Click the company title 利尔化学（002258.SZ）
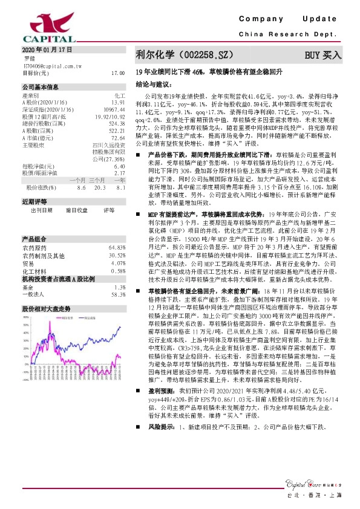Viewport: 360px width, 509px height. [x=185, y=55]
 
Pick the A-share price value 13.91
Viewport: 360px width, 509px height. [x=118, y=102]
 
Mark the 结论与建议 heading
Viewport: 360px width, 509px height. [x=156, y=83]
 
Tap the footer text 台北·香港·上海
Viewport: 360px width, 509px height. [x=319, y=496]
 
